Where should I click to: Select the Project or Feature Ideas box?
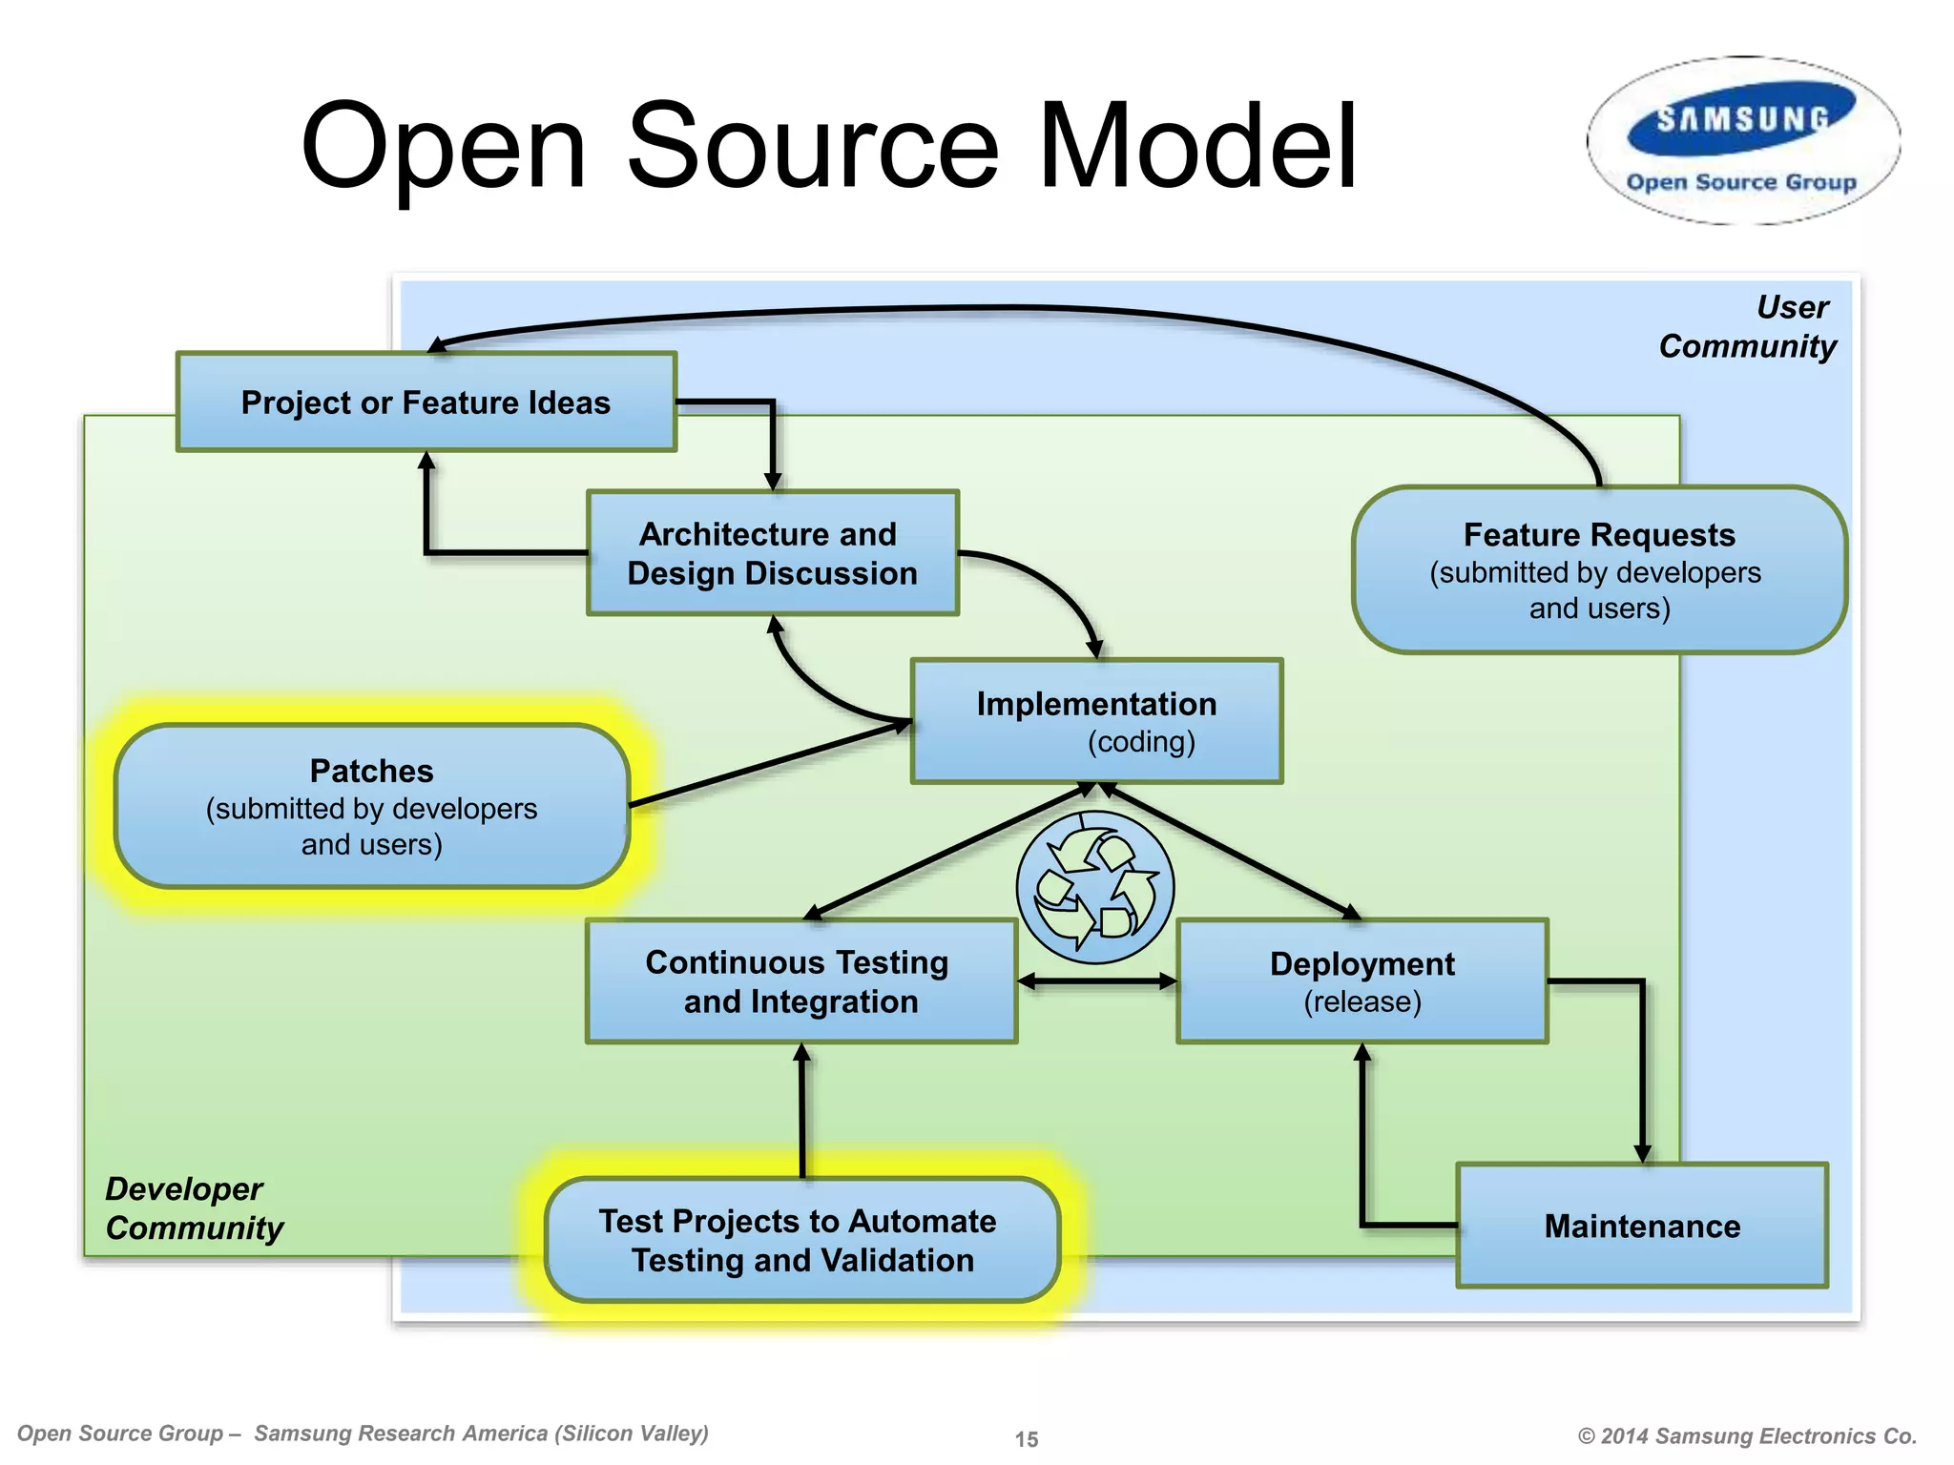(426, 402)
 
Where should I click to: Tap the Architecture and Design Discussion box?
(772, 553)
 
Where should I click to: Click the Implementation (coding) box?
(1096, 721)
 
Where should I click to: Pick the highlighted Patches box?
(372, 806)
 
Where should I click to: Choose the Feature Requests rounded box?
(1599, 570)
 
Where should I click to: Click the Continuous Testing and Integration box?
(800, 981)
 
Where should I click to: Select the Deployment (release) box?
(1362, 981)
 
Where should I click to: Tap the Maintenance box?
(1641, 1226)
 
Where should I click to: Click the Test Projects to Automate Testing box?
(801, 1240)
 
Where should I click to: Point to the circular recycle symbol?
(1094, 888)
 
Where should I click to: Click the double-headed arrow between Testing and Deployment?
(1097, 981)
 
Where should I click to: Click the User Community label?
(1748, 326)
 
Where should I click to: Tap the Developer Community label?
(194, 1208)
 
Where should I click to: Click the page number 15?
(1027, 1438)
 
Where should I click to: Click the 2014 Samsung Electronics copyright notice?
(1746, 1435)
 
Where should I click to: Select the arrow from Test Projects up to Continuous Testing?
(802, 1111)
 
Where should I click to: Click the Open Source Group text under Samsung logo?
(1741, 182)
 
